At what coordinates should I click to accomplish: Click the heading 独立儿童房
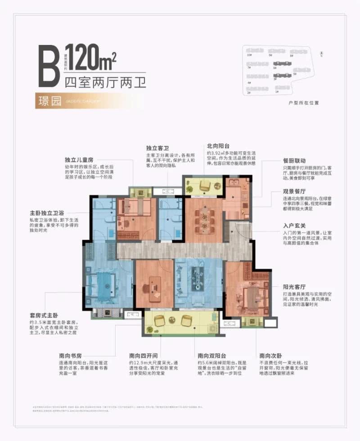pyautogui.click(x=80, y=159)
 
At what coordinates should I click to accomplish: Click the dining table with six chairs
pyautogui.click(x=205, y=219)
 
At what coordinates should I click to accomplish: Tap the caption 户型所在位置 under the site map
pyautogui.click(x=291, y=103)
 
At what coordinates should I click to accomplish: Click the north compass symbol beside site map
pyautogui.click(x=322, y=53)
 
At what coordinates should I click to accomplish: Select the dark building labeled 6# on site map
pyautogui.click(x=283, y=63)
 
